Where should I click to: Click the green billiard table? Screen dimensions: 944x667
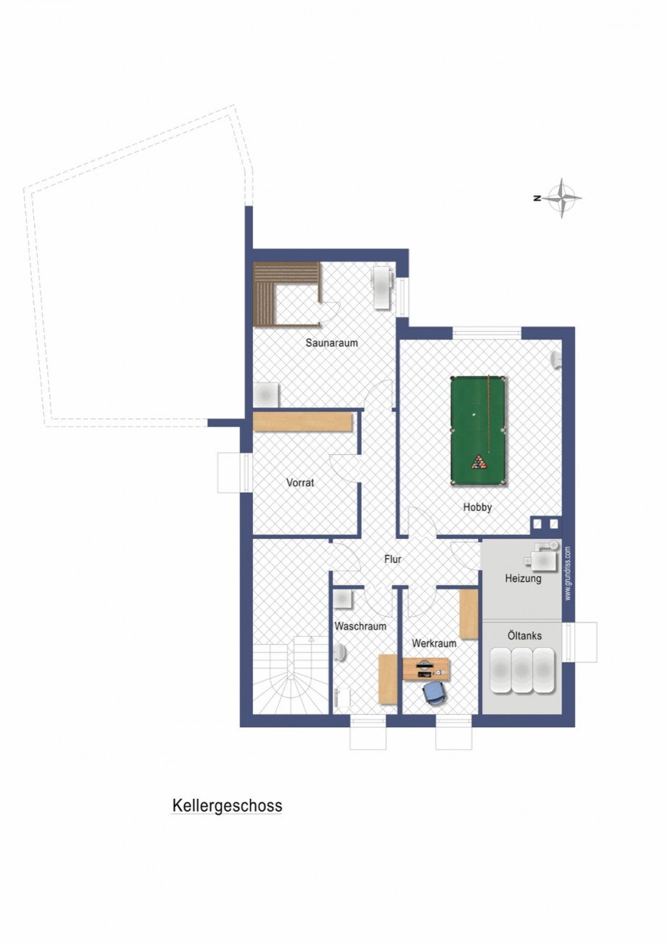[x=478, y=431]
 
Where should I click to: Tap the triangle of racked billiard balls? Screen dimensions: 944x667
[x=478, y=461]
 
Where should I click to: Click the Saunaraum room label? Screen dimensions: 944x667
[x=332, y=343]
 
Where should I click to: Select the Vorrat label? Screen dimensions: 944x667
[x=300, y=482]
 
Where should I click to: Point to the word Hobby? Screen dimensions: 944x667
[x=477, y=507]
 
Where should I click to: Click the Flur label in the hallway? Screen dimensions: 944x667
[x=392, y=559]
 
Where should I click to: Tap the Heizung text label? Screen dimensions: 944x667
[x=523, y=578]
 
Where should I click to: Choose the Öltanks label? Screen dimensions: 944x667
[x=523, y=636]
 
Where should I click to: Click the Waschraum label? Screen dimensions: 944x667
[x=360, y=625]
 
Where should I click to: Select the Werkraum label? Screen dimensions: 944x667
[x=434, y=643]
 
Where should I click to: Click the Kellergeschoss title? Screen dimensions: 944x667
[x=227, y=806]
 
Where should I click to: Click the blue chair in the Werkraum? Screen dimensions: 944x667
[x=434, y=692]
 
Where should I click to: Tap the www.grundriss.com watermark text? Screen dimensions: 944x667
[x=568, y=573]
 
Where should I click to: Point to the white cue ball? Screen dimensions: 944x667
[x=474, y=416]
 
